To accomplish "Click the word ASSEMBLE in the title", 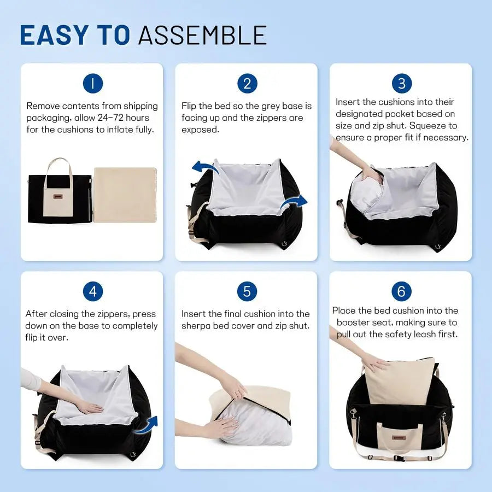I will [x=202, y=35].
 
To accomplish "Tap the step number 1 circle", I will [x=93, y=83].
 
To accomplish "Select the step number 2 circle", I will [x=247, y=83].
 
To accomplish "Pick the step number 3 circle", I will [x=402, y=83].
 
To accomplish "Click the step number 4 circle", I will [x=93, y=291].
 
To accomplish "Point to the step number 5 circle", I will [x=247, y=291].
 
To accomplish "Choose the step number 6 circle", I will [x=402, y=291].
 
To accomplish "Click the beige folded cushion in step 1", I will [x=125, y=195].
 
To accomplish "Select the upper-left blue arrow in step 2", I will [x=206, y=168].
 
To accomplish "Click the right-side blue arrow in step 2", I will [x=294, y=203].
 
